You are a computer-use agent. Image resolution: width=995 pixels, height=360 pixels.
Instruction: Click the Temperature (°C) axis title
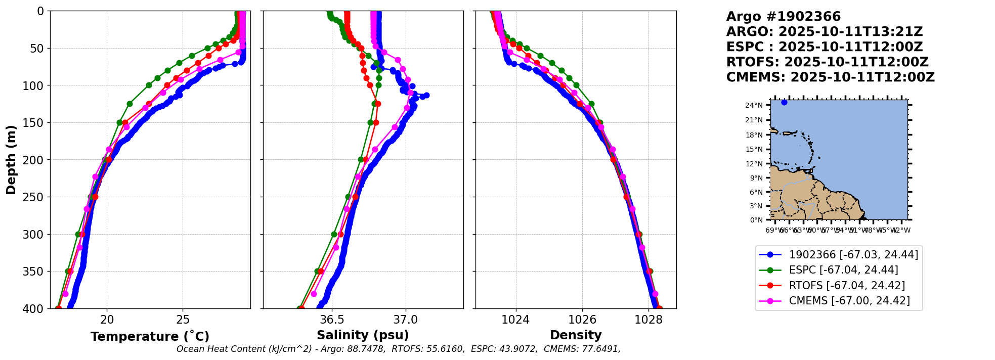[x=150, y=337]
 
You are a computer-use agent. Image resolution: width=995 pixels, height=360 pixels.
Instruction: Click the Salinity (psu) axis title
[x=363, y=335]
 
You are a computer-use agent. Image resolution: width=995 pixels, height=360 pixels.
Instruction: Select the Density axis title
[x=576, y=335]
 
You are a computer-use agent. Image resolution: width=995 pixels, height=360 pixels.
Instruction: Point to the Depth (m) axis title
[x=11, y=160]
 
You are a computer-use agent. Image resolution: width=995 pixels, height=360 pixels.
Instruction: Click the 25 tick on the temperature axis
[x=183, y=320]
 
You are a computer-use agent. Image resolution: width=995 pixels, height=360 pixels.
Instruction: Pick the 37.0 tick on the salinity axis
[x=406, y=320]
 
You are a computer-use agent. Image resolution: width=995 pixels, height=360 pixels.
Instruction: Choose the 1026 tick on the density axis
[x=582, y=320]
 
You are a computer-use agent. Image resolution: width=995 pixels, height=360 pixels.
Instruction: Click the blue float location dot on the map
[x=784, y=103]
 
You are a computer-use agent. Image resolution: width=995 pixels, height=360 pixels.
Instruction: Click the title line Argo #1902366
[x=783, y=17]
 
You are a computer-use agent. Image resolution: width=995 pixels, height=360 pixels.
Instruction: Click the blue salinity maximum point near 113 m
[x=426, y=95]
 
